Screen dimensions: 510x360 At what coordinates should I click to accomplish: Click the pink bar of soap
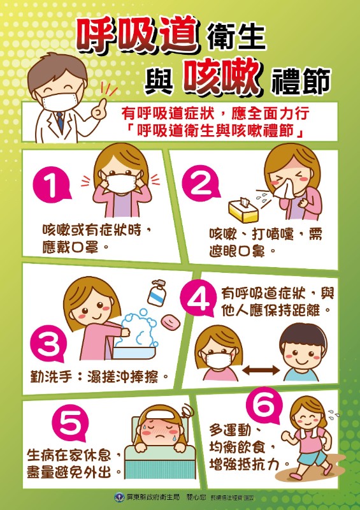coord(170,321)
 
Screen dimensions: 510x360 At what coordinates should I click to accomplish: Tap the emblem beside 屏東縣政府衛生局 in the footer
coord(118,497)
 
